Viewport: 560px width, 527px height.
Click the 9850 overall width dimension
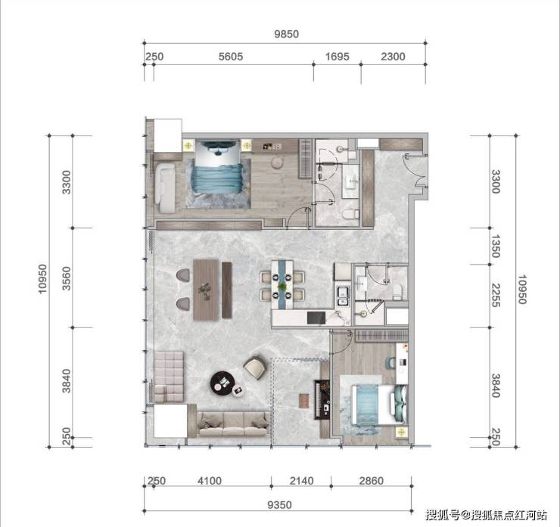click(x=286, y=34)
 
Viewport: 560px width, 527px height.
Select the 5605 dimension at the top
click(x=231, y=57)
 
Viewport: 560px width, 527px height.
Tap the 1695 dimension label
click(x=338, y=57)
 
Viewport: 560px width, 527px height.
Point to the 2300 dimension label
click(x=393, y=57)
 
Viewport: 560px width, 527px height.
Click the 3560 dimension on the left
click(x=67, y=278)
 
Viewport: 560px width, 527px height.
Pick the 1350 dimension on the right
click(x=495, y=246)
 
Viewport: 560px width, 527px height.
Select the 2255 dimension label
click(x=495, y=296)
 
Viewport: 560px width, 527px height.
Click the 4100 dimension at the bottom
click(x=210, y=481)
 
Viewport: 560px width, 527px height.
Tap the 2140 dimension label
click(x=301, y=481)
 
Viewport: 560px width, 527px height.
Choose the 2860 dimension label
click(x=372, y=481)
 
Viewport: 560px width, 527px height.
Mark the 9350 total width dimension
click(x=280, y=505)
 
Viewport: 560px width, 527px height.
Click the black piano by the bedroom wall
click(x=322, y=400)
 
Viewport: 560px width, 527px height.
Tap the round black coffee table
click(x=222, y=383)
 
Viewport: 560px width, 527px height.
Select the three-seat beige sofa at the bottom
click(x=233, y=424)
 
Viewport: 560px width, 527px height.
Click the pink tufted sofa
click(x=169, y=377)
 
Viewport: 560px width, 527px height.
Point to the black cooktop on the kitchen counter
click(x=316, y=318)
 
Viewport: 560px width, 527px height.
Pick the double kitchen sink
click(x=344, y=296)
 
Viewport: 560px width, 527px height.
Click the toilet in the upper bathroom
click(x=350, y=214)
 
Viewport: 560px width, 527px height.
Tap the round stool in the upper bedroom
click(x=277, y=163)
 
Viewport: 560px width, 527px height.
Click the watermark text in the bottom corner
click(x=487, y=515)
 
